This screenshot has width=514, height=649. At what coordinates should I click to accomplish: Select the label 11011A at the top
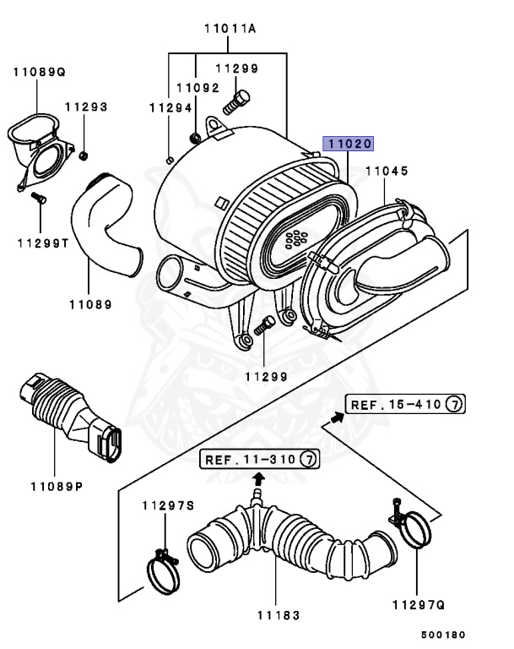tap(229, 29)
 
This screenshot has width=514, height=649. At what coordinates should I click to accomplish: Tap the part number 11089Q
tap(39, 73)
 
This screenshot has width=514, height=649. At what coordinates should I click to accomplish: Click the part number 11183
tap(276, 615)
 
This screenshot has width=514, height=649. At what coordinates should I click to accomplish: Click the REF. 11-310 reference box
tap(260, 460)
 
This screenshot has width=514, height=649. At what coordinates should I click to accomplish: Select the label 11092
tap(197, 88)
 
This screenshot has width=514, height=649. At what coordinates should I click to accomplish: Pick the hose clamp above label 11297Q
tap(414, 532)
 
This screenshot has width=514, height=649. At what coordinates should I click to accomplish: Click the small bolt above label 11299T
tap(36, 199)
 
